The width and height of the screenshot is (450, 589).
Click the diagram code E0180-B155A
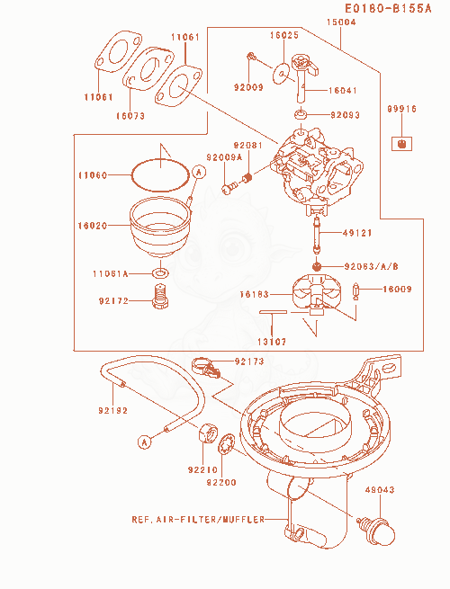pyautogui.click(x=388, y=8)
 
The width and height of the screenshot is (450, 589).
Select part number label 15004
pyautogui.click(x=340, y=22)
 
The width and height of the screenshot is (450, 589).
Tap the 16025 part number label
pyautogui.click(x=284, y=35)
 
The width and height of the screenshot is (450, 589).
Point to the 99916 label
pyautogui.click(x=402, y=109)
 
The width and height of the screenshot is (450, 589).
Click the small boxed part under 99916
pyautogui.click(x=401, y=144)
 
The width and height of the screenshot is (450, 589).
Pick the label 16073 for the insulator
pyautogui.click(x=130, y=116)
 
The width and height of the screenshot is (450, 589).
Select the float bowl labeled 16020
pyautogui.click(x=160, y=226)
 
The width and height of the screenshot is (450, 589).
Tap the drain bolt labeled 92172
pyautogui.click(x=161, y=297)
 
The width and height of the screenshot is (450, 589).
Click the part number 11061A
pyautogui.click(x=111, y=274)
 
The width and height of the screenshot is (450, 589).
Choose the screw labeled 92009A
pyautogui.click(x=229, y=187)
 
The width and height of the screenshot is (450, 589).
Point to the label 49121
pyautogui.click(x=357, y=233)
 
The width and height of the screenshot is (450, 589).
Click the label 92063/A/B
pyautogui.click(x=372, y=267)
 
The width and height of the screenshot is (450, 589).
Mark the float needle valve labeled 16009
pyautogui.click(x=356, y=291)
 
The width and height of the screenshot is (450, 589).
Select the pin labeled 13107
pyautogui.click(x=273, y=312)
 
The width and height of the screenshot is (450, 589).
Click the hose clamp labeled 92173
pyautogui.click(x=205, y=367)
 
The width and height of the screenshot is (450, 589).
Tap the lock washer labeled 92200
pyautogui.click(x=227, y=444)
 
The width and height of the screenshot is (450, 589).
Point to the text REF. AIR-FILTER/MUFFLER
pyautogui.click(x=198, y=520)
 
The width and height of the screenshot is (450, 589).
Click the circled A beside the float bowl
pyautogui.click(x=199, y=172)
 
